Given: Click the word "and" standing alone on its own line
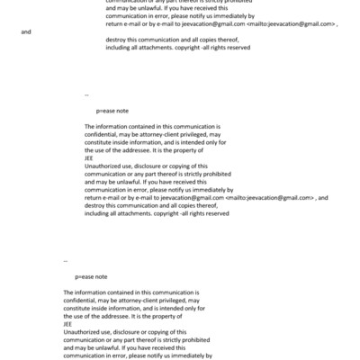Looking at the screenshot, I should pyautogui.click(x=25, y=31).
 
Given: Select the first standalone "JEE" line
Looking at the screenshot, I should pyautogui.click(x=88, y=158).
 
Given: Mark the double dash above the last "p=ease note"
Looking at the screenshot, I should pyautogui.click(x=66, y=262).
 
